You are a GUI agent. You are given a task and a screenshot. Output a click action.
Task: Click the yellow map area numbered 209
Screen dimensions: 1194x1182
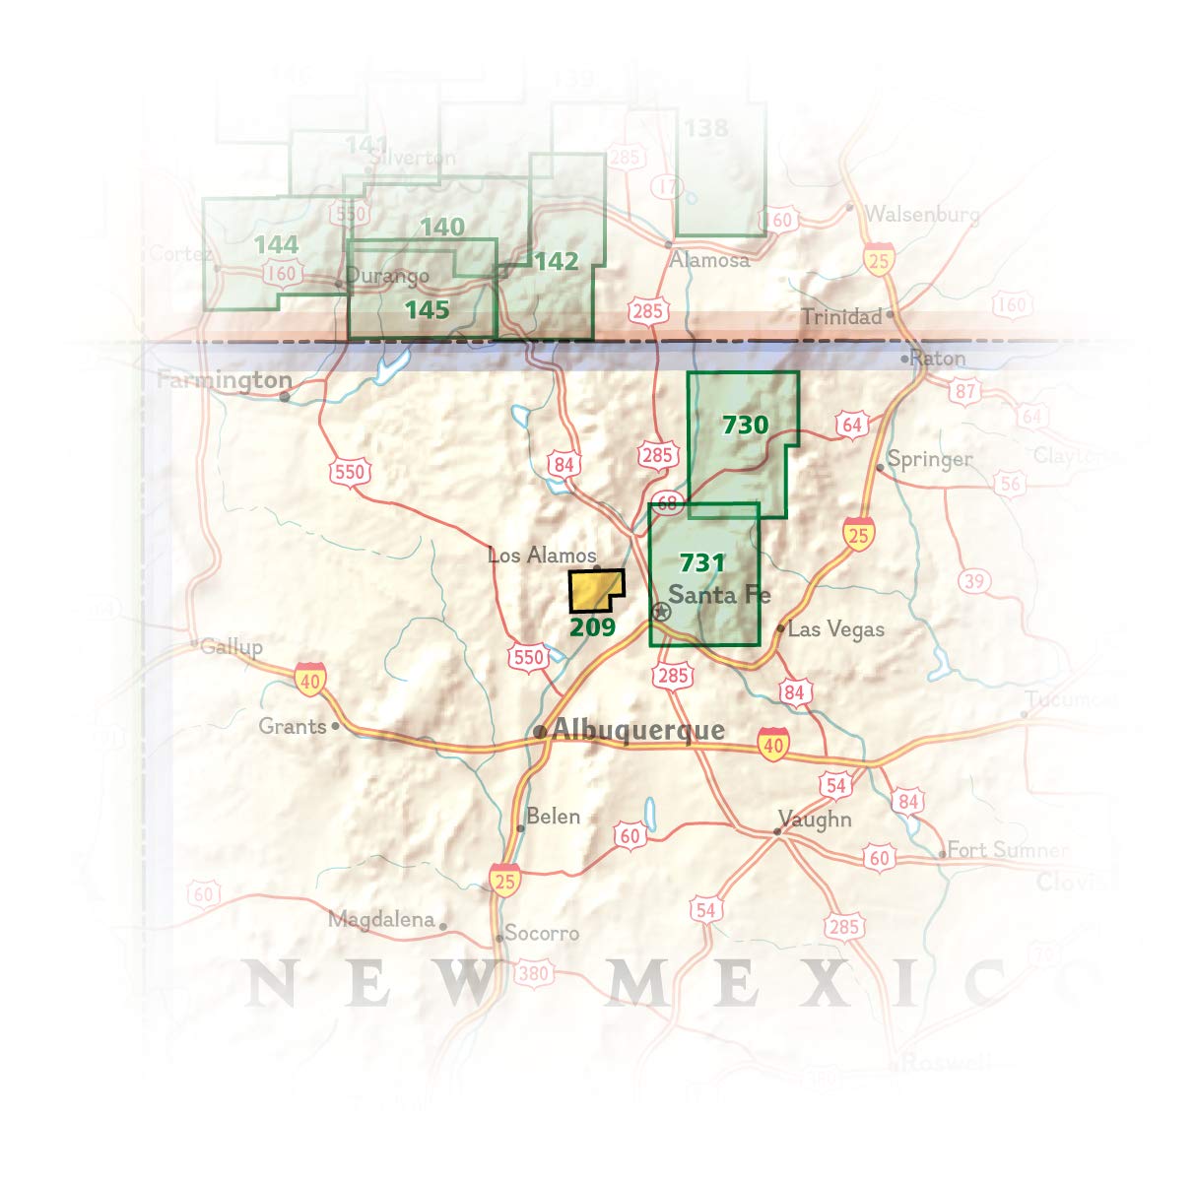[594, 591]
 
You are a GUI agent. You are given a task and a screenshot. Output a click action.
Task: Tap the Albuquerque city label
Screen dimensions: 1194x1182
[638, 730]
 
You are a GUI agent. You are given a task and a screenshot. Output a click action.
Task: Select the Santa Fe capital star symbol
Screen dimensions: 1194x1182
[662, 612]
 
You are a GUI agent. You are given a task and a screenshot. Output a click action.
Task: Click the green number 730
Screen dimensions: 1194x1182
[745, 425]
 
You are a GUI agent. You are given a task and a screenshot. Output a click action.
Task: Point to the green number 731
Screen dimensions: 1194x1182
[702, 562]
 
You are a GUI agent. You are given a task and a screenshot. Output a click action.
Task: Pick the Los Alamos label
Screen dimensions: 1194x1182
[542, 556]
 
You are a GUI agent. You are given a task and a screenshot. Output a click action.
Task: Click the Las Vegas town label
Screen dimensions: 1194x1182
[835, 628]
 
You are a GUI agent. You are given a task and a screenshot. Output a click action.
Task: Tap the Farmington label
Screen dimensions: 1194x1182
[225, 380]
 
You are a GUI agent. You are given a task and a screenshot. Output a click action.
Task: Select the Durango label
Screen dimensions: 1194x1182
[387, 276]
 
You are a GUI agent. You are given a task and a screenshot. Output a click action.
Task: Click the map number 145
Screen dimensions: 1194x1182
[427, 310]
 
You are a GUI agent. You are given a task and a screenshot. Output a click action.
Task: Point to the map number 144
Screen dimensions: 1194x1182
[275, 244]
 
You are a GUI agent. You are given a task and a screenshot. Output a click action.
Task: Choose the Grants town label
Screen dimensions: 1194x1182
[292, 727]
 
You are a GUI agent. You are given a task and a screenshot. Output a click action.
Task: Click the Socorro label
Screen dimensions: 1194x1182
[541, 933]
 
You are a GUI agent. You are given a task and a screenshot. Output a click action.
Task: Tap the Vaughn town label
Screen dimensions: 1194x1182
[815, 820]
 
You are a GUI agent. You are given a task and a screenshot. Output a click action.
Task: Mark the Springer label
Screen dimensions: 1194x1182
[929, 459]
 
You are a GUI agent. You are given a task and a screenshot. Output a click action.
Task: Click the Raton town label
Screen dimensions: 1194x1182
[937, 358]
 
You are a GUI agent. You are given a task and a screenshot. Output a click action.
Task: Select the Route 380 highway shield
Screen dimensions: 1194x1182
[532, 974]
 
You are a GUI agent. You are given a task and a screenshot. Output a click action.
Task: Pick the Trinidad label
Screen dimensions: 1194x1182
[840, 316]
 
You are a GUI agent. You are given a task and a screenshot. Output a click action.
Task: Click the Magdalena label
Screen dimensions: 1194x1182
[380, 920]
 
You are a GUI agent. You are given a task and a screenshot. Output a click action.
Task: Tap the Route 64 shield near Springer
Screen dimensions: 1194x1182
[852, 425]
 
